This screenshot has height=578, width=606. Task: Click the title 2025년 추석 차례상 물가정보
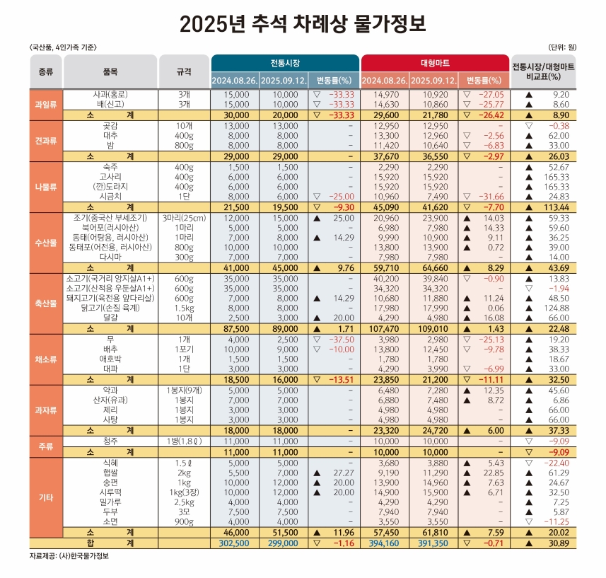pyautogui.click(x=303, y=23)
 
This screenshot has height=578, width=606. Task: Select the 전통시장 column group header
pyautogui.click(x=285, y=63)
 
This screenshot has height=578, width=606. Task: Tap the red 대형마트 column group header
pyautogui.click(x=435, y=63)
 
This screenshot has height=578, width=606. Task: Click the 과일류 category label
pyautogui.click(x=45, y=105)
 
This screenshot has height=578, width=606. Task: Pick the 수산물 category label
pyautogui.click(x=45, y=243)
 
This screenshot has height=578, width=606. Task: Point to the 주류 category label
pyautogui.click(x=45, y=446)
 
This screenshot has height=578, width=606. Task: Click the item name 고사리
pyautogui.click(x=110, y=177)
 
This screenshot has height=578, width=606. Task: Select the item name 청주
pyautogui.click(x=110, y=441)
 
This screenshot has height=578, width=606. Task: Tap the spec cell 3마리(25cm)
pyautogui.click(x=184, y=218)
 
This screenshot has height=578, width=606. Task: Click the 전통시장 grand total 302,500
pyautogui.click(x=234, y=543)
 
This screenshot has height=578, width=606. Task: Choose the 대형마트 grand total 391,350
pyautogui.click(x=433, y=543)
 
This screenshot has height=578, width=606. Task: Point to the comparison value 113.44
pyautogui.click(x=557, y=207)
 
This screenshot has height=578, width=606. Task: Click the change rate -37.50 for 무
pyautogui.click(x=342, y=340)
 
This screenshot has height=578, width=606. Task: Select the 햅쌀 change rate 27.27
pyautogui.click(x=344, y=473)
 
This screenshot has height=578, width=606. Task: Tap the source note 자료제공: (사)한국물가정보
pyautogui.click(x=69, y=556)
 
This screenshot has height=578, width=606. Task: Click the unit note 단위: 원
pyautogui.click(x=562, y=47)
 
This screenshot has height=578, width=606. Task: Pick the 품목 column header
pyautogui.click(x=110, y=71)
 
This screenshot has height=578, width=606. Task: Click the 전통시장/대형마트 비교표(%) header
pyautogui.click(x=543, y=71)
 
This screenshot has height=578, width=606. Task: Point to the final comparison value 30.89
pyautogui.click(x=559, y=543)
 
